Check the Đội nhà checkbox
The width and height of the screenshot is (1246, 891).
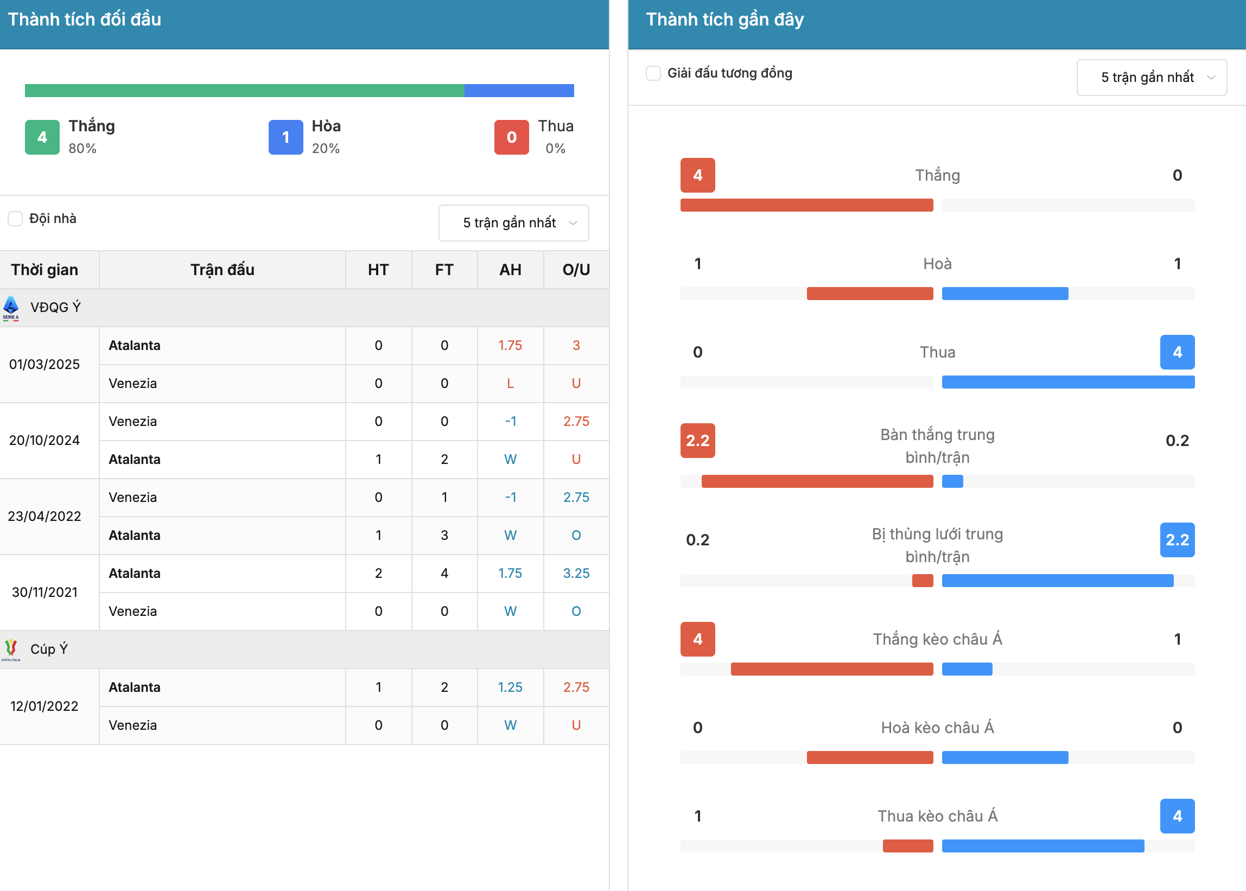(x=15, y=218)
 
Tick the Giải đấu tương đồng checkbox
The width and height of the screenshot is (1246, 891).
(x=653, y=73)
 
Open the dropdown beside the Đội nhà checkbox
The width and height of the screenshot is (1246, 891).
(x=513, y=222)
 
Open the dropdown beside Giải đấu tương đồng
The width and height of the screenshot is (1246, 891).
(x=1152, y=78)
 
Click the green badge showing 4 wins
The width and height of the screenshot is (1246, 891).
(x=42, y=137)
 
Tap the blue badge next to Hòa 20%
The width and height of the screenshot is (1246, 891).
(x=286, y=137)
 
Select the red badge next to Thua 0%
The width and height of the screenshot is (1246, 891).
(x=511, y=137)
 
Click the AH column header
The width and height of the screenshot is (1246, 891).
(x=510, y=270)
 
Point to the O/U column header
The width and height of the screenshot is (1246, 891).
(x=576, y=270)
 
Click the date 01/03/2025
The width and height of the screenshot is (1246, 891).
(x=44, y=364)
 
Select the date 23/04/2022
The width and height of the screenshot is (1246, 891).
(x=44, y=516)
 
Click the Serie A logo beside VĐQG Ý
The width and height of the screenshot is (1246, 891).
(x=11, y=308)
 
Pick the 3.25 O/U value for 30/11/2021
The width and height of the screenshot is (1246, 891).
(x=576, y=574)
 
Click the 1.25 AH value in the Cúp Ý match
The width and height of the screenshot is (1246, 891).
(x=510, y=688)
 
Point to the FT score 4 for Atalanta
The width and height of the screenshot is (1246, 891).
(x=444, y=574)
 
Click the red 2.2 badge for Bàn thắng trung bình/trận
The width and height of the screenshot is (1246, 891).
(x=697, y=441)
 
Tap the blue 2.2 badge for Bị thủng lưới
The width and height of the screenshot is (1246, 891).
(x=1178, y=540)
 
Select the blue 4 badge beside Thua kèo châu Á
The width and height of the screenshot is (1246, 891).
(x=1178, y=816)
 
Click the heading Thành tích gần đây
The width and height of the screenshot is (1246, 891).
(x=725, y=20)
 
